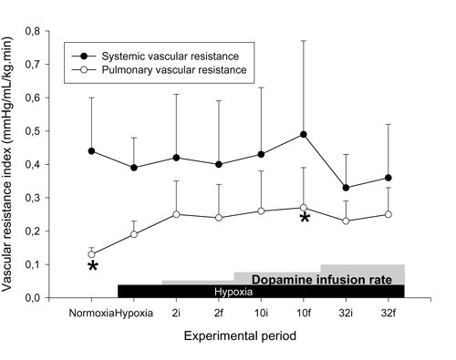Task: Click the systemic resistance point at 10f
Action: [305, 134]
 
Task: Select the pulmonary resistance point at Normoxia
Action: [92, 254]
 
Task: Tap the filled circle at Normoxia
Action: [92, 150]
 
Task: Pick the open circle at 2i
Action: [176, 214]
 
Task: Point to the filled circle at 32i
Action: [347, 188]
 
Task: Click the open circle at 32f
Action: [389, 214]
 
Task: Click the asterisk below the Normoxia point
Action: [92, 266]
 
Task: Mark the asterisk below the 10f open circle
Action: [305, 219]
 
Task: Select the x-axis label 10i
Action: [262, 312]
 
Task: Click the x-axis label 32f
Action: [389, 312]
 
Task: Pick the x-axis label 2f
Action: [219, 312]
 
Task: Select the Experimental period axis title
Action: [239, 335]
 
